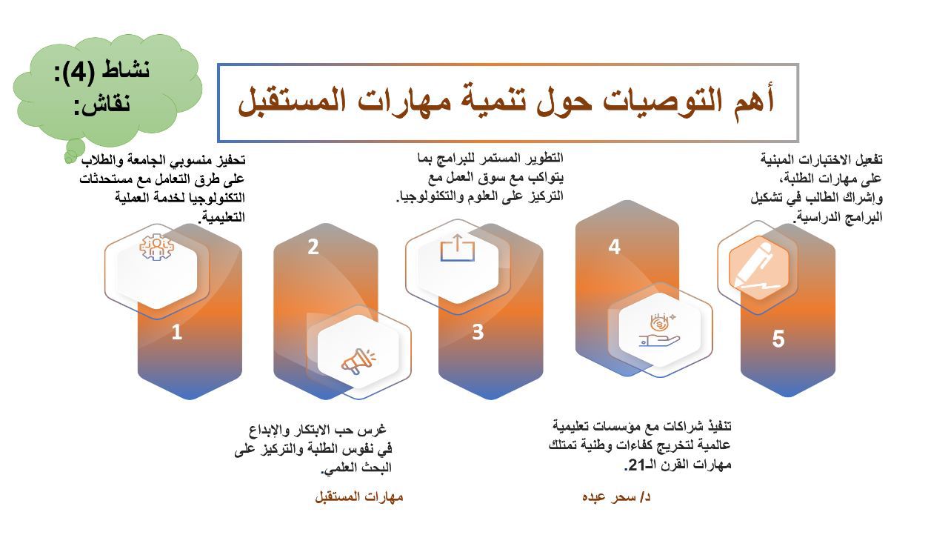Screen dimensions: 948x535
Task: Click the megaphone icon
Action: point(358,361)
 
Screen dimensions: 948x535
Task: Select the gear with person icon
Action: point(156,247)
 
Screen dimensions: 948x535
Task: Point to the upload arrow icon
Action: point(458,247)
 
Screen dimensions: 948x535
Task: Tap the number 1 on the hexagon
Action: point(177,332)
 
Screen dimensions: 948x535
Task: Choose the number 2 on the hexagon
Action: point(313,247)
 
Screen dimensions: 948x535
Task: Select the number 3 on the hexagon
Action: point(478,332)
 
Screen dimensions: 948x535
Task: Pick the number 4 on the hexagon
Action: point(614,247)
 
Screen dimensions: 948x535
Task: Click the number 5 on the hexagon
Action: point(778,339)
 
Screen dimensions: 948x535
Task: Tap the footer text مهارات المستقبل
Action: point(359,496)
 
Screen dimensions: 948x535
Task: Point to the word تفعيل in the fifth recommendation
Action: point(868,160)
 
